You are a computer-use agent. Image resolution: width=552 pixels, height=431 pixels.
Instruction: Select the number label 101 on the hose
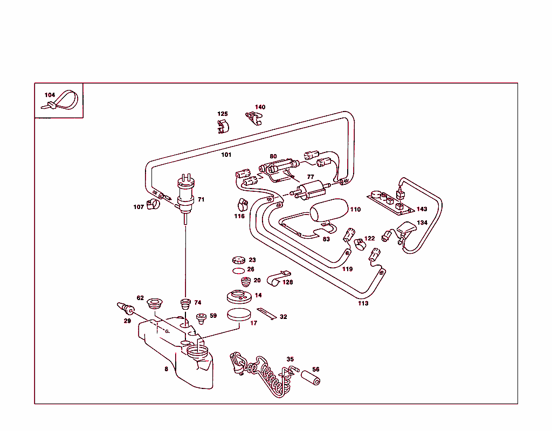[226, 155]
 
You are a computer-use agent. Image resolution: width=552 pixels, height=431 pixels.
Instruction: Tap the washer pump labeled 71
[185, 194]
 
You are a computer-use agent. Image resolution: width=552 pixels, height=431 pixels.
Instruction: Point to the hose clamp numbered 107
[155, 204]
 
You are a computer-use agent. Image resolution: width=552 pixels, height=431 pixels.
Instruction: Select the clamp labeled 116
[243, 205]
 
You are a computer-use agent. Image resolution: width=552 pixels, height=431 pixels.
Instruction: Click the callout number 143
[422, 209]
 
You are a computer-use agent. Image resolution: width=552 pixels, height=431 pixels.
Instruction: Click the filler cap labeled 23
[239, 260]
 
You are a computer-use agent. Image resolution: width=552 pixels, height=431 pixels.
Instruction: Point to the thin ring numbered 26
[238, 270]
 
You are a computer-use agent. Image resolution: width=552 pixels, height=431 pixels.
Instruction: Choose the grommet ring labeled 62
[155, 302]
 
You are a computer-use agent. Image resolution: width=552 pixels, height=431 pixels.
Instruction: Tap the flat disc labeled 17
[239, 314]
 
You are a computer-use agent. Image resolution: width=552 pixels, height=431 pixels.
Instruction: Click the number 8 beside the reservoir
[166, 370]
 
